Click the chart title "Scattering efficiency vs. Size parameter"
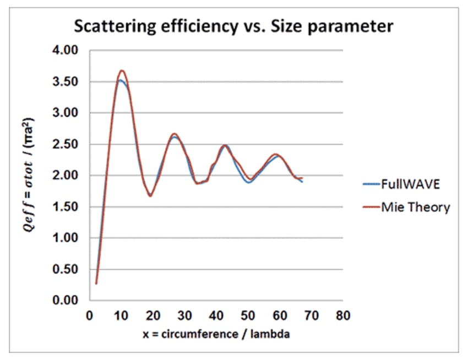coord(234,26)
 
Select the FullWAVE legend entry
coord(410,184)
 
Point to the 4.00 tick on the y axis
coord(70,51)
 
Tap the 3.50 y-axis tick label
coord(70,82)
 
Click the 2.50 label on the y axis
coord(70,145)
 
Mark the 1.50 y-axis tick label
coord(70,208)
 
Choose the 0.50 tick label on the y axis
coord(70,270)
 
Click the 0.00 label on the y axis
coord(70,301)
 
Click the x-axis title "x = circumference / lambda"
coord(216,334)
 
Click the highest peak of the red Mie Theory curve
coord(122,70)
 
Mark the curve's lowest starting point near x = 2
coord(96,283)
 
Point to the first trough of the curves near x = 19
coord(150,195)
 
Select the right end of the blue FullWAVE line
coord(302,182)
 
